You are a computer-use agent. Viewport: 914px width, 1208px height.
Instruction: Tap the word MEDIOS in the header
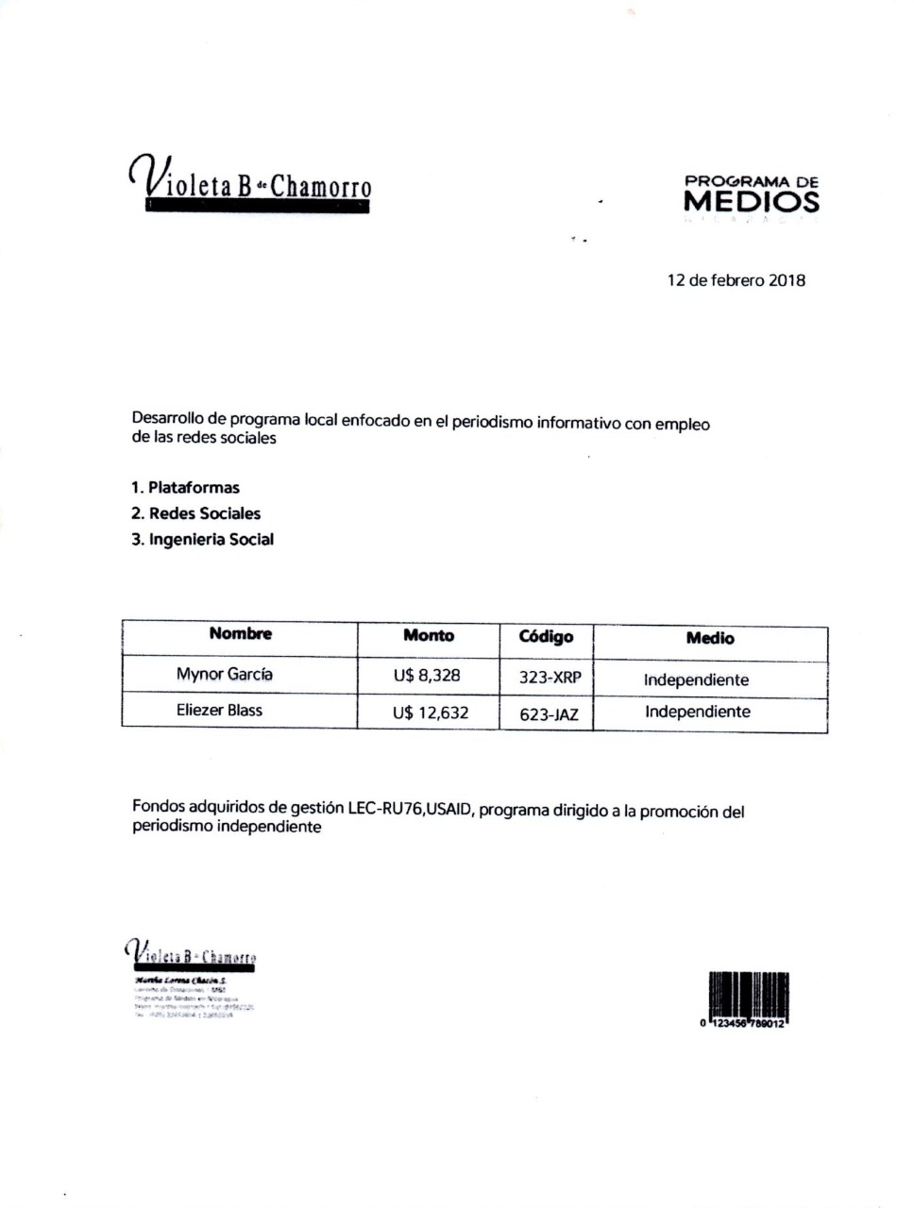(x=751, y=201)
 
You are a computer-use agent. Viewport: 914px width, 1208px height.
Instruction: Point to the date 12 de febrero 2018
(x=736, y=280)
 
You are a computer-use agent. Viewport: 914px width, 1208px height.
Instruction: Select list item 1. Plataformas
(x=185, y=488)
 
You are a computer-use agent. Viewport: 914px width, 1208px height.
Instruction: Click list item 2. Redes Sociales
(x=195, y=513)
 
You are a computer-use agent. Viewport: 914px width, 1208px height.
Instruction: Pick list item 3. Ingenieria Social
(x=202, y=540)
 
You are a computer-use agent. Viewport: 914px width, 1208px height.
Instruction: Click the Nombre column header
(x=240, y=634)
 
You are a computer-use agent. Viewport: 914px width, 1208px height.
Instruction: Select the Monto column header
(x=428, y=636)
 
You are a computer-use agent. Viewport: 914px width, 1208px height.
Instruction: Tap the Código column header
(x=546, y=637)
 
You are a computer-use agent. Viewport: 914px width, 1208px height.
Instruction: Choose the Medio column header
(x=710, y=639)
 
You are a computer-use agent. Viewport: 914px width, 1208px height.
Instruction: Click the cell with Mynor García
(x=224, y=674)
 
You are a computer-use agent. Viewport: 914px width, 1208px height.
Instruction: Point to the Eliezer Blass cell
(x=219, y=710)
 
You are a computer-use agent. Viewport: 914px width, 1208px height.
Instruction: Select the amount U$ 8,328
(x=427, y=676)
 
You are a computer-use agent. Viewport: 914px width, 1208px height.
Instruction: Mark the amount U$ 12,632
(x=430, y=713)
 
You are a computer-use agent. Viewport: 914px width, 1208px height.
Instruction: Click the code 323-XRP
(x=550, y=678)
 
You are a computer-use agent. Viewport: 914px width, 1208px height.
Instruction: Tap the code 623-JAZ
(x=549, y=714)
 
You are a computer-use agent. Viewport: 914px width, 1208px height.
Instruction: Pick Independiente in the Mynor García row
(x=696, y=679)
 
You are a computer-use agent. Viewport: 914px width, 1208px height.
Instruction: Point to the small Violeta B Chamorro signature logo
(x=191, y=954)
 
